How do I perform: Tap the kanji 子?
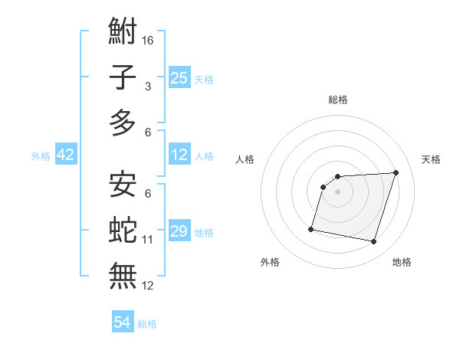coord(123,77)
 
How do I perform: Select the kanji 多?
coord(123,123)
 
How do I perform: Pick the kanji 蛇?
coord(123,230)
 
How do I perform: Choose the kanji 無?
coord(123,275)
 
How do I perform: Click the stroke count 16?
coord(149,41)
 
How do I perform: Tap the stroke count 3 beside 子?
coord(148,87)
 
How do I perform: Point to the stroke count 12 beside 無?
coord(149,286)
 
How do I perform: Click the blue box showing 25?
coord(179,78)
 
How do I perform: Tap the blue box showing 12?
coord(179,155)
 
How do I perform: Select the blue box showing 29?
coord(179,231)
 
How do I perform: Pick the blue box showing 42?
coord(66,155)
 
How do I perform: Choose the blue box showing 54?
coord(123,322)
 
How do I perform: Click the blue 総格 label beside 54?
coord(147,324)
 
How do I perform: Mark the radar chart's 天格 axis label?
coord(432,159)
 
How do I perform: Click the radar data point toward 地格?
coord(374,242)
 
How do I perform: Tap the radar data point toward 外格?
coord(311,229)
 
